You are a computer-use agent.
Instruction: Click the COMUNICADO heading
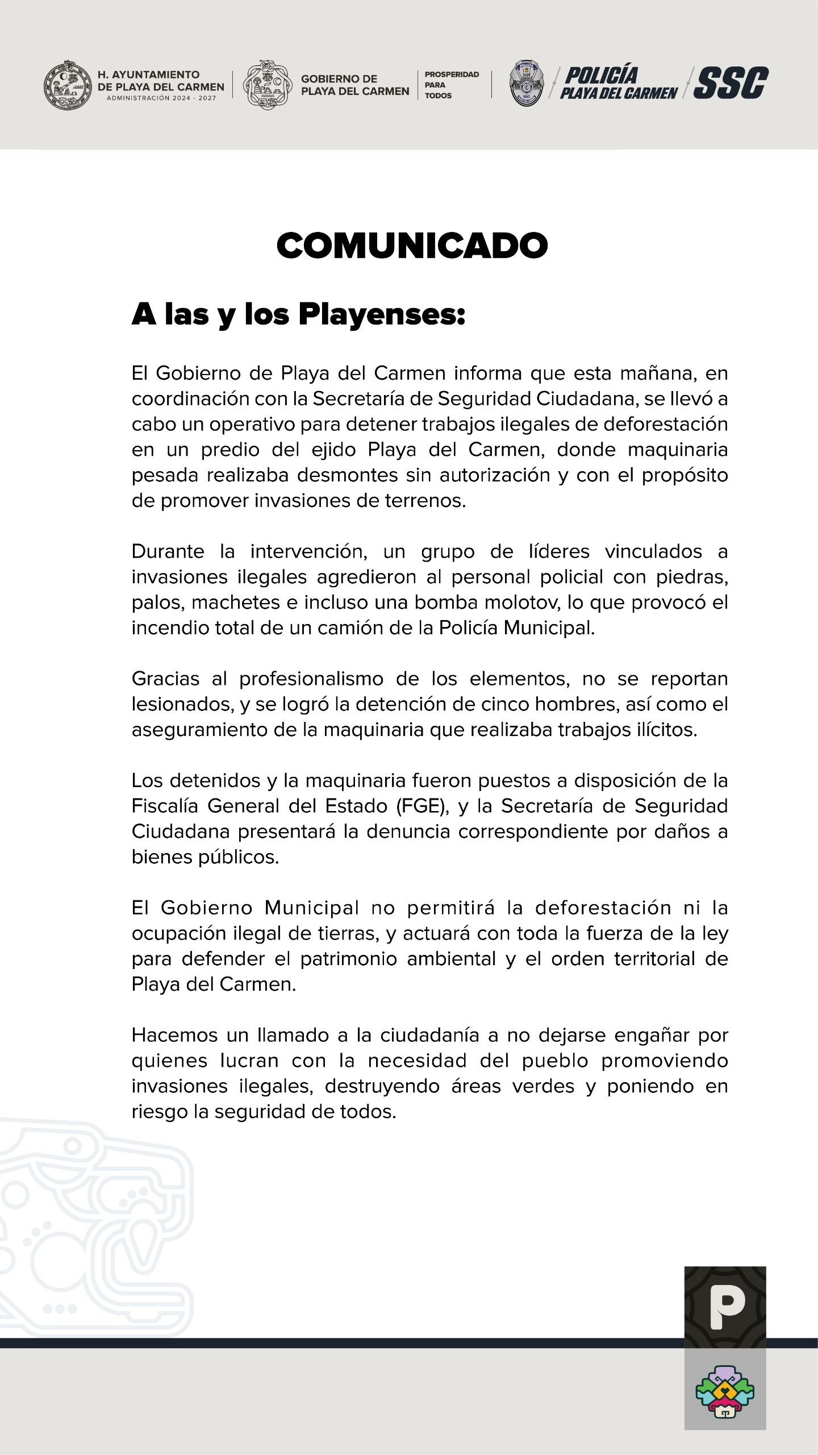[412, 246]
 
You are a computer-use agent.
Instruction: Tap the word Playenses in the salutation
[381, 315]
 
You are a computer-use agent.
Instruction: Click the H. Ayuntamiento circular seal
[68, 85]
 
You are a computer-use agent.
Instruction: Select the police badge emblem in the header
[526, 84]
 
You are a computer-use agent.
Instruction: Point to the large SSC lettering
[732, 83]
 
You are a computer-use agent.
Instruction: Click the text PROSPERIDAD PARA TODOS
[452, 85]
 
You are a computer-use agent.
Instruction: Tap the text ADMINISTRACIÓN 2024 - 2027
[161, 98]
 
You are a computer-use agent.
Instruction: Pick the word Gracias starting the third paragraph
[166, 679]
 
